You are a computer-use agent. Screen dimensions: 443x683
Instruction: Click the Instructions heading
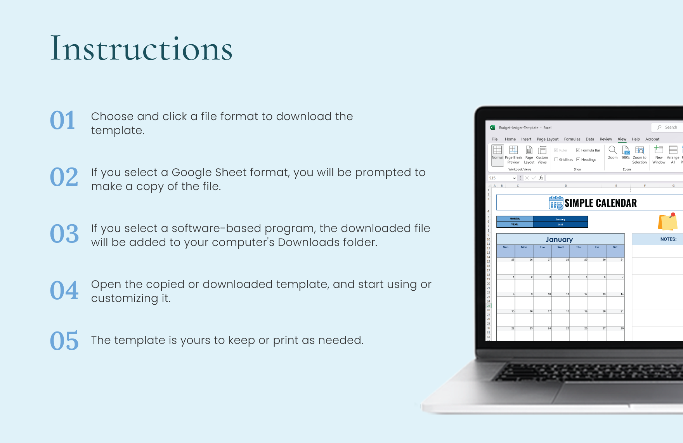(x=141, y=49)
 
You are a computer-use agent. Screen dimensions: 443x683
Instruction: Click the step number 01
(x=62, y=120)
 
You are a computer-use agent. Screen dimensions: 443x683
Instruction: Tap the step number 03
(x=64, y=234)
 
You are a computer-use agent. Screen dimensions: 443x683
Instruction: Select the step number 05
(x=64, y=341)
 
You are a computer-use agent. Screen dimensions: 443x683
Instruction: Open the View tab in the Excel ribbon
(x=622, y=139)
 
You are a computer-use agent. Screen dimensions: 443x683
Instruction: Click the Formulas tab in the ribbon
(x=572, y=139)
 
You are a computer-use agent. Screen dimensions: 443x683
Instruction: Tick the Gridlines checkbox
(x=556, y=159)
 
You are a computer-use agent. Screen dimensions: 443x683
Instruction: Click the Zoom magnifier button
(x=612, y=152)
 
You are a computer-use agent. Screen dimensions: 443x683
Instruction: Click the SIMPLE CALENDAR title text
(x=600, y=203)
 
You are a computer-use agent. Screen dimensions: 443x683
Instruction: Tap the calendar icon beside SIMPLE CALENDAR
(x=556, y=203)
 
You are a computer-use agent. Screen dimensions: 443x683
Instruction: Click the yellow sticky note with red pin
(x=667, y=222)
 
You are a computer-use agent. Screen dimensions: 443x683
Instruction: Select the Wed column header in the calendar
(x=560, y=247)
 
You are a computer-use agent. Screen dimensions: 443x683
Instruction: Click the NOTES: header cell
(x=668, y=239)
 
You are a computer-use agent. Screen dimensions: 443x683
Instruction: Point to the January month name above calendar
(x=559, y=239)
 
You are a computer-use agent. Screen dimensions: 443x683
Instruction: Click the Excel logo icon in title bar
(x=492, y=127)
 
